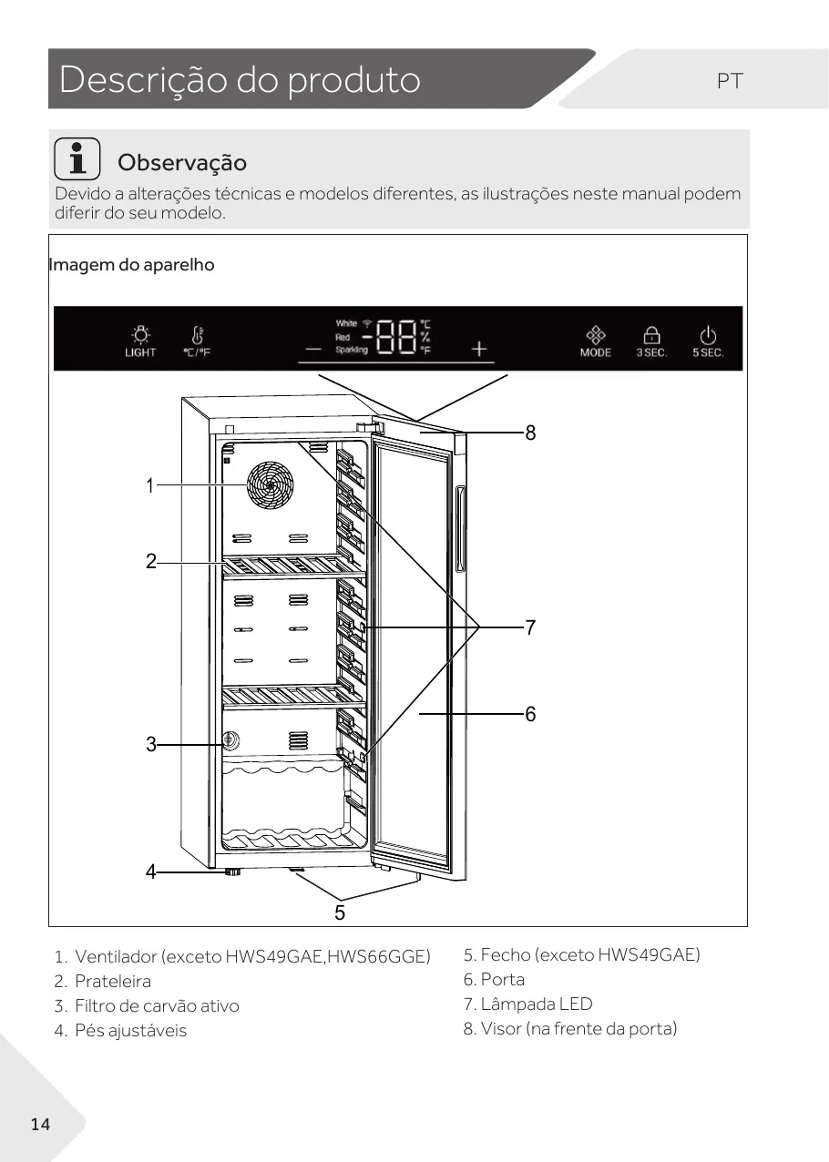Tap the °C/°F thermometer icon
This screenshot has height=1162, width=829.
(x=197, y=335)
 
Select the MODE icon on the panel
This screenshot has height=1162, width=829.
(x=595, y=334)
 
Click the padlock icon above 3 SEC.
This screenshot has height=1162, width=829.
(x=651, y=335)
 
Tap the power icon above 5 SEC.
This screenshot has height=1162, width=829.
(x=708, y=335)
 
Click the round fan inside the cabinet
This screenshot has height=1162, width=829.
(x=271, y=487)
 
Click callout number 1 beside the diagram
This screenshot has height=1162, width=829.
(x=150, y=486)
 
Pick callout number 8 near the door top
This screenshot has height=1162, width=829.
(x=530, y=433)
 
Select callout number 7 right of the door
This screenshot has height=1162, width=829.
(x=530, y=627)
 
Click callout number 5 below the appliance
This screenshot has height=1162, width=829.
(x=339, y=912)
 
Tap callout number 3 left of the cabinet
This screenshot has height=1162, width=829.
(x=151, y=745)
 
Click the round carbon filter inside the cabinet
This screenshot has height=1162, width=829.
(x=231, y=740)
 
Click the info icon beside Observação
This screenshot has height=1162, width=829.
(x=77, y=158)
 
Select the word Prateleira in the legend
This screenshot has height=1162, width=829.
(x=113, y=982)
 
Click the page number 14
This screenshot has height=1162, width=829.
(x=40, y=1125)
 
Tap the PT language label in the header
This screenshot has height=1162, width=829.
(x=730, y=81)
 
